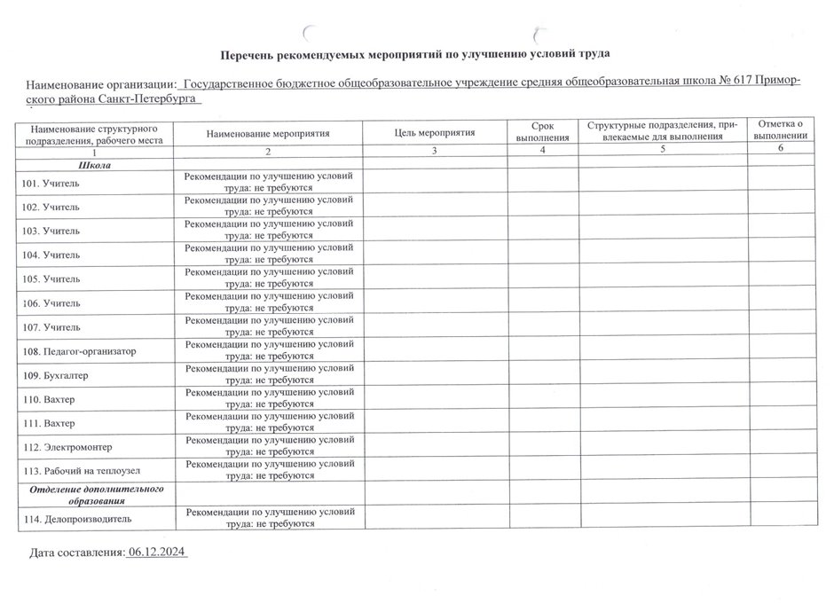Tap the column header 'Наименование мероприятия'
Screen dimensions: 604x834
click(267, 133)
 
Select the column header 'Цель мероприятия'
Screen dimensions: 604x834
click(435, 133)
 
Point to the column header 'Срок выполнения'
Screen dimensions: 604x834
click(542, 133)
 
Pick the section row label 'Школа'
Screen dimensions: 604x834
click(94, 165)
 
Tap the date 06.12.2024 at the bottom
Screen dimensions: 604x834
click(157, 553)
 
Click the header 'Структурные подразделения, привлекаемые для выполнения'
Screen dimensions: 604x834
click(662, 129)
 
